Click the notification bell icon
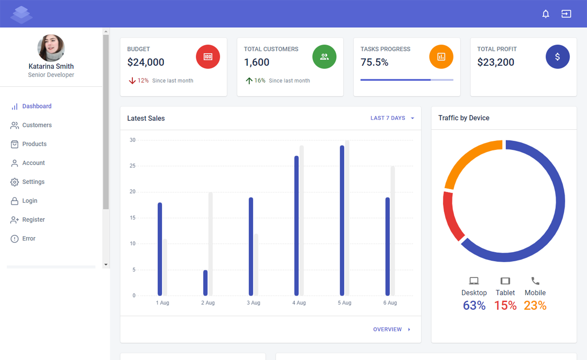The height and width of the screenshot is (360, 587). pos(545,14)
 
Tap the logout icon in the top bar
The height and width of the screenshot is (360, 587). pos(566,14)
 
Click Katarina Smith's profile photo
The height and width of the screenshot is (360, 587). pos(51,48)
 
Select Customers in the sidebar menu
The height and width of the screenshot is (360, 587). pos(37,125)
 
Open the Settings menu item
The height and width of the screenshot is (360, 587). pos(33,182)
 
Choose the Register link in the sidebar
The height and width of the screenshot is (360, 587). pos(33,219)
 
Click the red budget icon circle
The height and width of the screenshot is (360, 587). pos(208,57)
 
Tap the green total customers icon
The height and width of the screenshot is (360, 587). pos(324,57)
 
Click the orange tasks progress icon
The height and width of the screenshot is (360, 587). pos(441,57)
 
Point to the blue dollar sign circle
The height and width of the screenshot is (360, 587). pos(557,57)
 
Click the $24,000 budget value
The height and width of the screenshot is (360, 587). pos(146,62)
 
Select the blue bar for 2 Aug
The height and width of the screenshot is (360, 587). pos(205,283)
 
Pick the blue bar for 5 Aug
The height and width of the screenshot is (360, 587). pos(342,220)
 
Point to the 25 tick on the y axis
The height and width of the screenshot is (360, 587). pos(132,166)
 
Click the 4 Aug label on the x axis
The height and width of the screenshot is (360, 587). pos(299,303)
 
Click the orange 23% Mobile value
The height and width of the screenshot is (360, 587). pos(535,305)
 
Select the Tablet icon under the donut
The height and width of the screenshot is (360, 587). pos(505,281)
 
